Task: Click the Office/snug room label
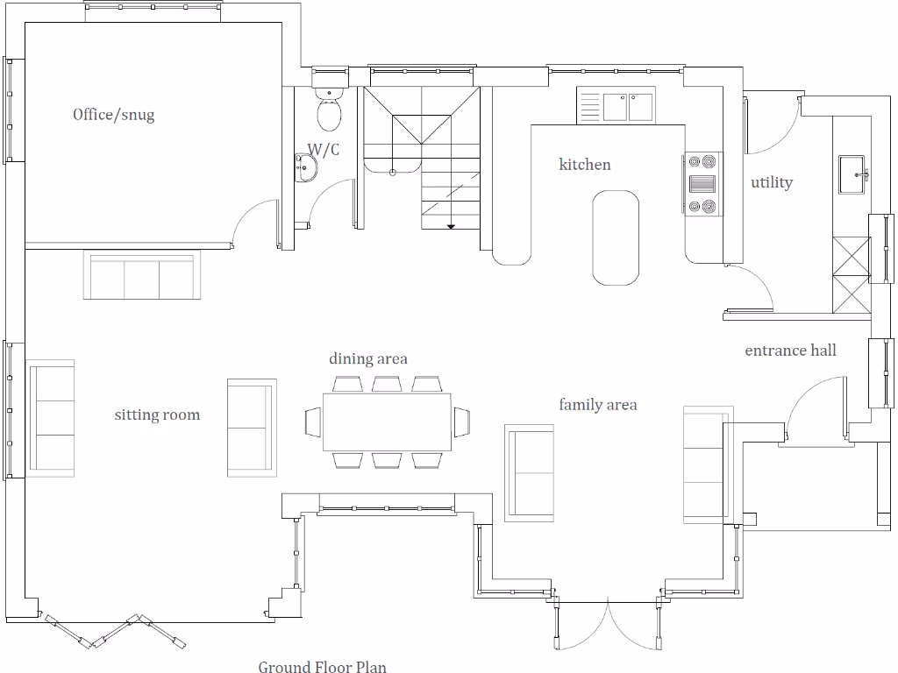[113, 115]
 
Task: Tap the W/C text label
[323, 150]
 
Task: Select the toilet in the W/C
[329, 111]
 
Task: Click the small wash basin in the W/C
[306, 168]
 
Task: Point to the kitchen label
[585, 165]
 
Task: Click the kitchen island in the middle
[615, 238]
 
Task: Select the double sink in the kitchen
[627, 107]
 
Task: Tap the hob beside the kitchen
[702, 184]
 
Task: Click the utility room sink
[852, 174]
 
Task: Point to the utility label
[771, 182]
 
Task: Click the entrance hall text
[790, 351]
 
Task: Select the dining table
[387, 422]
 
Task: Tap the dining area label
[367, 359]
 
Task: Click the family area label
[598, 405]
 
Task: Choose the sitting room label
[157, 414]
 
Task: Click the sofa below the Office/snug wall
[142, 275]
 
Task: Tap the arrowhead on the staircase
[451, 227]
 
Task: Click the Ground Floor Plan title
[322, 667]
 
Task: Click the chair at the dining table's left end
[314, 422]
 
